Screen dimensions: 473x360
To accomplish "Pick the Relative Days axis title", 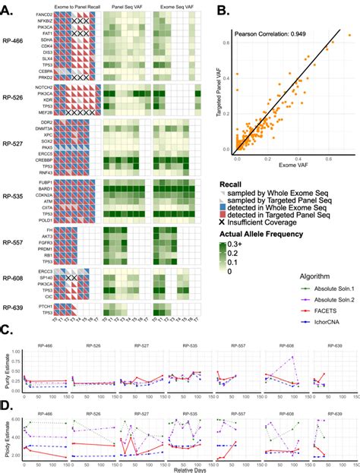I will pyautogui.click(x=182, y=468).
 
